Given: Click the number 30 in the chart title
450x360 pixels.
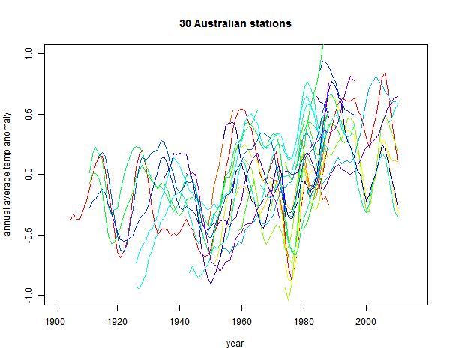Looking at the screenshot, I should [x=185, y=24].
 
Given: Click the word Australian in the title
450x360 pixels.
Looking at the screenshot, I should [x=221, y=24].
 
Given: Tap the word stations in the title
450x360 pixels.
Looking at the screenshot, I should [x=270, y=24].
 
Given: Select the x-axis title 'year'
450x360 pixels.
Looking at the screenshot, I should [x=235, y=343].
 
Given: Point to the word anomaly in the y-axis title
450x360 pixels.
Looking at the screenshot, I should [x=7, y=133].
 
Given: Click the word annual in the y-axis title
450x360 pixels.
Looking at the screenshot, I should [x=7, y=220].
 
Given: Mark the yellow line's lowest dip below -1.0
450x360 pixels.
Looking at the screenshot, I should [x=288, y=300].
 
